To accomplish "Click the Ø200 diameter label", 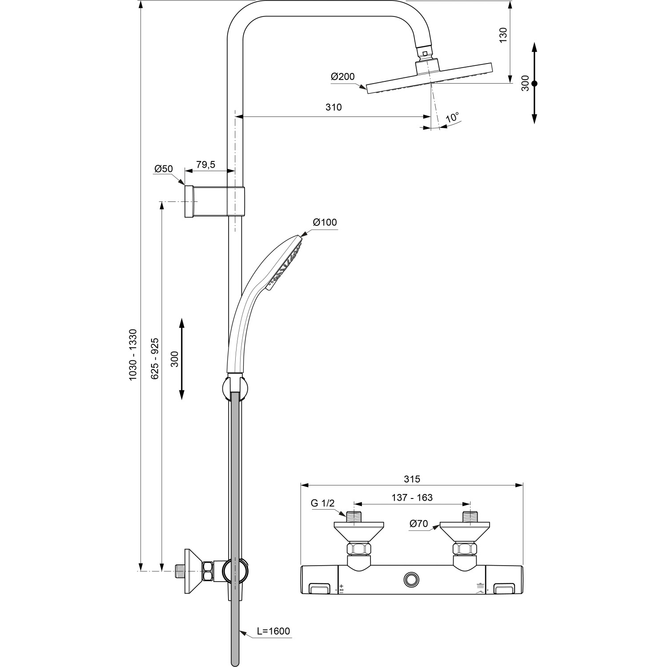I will (x=342, y=76).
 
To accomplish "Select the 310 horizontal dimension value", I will (x=333, y=107).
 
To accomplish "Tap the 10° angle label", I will (x=453, y=118).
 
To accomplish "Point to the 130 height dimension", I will (x=503, y=35).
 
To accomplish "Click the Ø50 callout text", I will (x=163, y=169).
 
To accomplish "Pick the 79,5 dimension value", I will (x=205, y=165).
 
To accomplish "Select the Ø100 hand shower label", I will (x=325, y=222).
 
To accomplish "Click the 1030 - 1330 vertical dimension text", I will (x=133, y=354).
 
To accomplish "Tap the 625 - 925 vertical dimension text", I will (x=155, y=358).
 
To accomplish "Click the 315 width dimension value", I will (x=412, y=479).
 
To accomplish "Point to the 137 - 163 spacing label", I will (x=412, y=498).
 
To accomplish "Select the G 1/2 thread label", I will (x=322, y=503).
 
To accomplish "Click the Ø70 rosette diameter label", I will (x=418, y=524).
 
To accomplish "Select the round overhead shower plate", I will (x=430, y=77).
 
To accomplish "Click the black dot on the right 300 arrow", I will (x=534, y=83).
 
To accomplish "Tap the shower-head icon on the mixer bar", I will (x=480, y=587).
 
